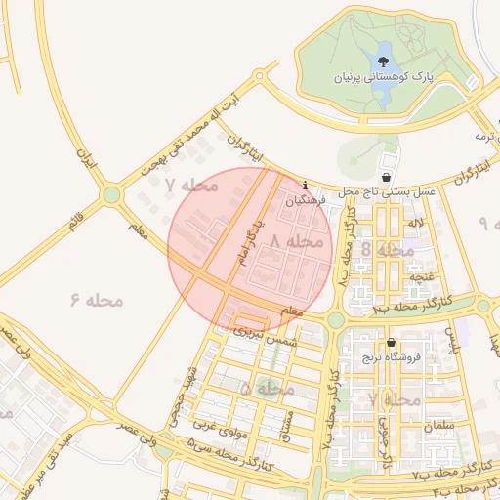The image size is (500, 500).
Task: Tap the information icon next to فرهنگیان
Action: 307,185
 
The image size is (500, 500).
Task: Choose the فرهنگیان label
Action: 305,200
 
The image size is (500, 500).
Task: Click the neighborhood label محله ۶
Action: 98,299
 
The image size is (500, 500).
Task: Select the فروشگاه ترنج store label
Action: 393,357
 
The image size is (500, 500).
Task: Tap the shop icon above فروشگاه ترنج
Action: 392,343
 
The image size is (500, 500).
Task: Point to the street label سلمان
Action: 441,426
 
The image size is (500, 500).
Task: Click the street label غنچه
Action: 421,277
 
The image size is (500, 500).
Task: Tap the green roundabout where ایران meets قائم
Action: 112,194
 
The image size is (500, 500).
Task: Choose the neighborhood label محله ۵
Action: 267,389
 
